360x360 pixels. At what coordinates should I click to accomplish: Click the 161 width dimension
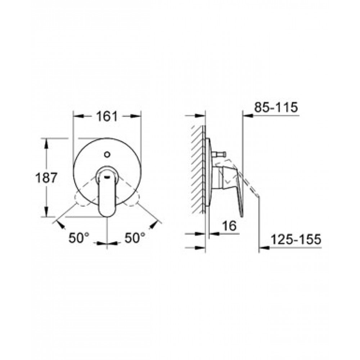107,116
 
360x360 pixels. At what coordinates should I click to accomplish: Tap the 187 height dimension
46,178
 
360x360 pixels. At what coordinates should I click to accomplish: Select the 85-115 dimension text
276,107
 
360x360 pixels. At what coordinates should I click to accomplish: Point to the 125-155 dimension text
296,239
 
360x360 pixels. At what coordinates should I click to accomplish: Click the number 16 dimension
230,226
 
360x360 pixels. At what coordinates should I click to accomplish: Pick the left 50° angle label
79,238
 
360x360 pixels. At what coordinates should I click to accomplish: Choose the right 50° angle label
135,238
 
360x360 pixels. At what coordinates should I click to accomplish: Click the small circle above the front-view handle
107,154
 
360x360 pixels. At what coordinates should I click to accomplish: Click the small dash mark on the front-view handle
107,176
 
